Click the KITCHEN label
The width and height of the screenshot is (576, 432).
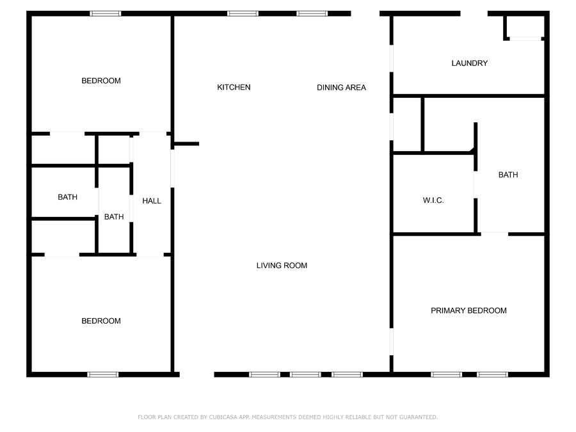(234, 88)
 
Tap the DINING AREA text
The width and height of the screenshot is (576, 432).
(341, 88)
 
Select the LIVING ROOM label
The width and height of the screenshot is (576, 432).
(282, 266)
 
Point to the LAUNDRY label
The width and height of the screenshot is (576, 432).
(470, 63)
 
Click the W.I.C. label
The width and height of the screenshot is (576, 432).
(433, 200)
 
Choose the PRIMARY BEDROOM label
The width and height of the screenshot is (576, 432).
(468, 311)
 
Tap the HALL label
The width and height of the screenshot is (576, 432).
(152, 201)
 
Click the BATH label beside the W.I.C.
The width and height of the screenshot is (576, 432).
(508, 175)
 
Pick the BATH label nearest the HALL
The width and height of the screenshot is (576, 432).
(114, 217)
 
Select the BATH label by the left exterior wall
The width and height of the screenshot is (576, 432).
(68, 197)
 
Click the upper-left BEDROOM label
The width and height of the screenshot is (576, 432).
(101, 81)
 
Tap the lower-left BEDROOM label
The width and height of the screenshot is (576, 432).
(101, 321)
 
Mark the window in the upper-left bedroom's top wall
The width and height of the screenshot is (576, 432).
(106, 13)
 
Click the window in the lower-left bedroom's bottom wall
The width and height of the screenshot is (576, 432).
(103, 374)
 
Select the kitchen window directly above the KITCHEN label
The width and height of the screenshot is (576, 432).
(243, 13)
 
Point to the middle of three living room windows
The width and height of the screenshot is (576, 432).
(305, 374)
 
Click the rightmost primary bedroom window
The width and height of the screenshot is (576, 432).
(493, 374)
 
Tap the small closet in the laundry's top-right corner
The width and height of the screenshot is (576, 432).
(525, 27)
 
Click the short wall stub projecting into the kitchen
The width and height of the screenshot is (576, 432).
(186, 144)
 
